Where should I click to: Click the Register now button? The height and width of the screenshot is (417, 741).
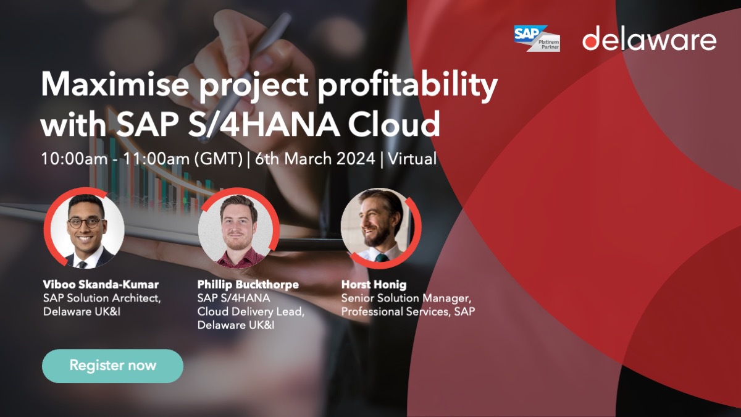[112, 366]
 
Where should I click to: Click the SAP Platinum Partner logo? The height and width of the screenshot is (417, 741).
[537, 38]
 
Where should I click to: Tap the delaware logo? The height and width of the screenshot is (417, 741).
[649, 40]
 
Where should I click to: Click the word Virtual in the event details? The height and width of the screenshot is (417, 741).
[412, 159]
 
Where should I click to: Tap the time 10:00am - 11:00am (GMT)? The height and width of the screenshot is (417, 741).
[141, 159]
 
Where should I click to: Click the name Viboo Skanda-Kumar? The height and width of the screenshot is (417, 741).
[101, 285]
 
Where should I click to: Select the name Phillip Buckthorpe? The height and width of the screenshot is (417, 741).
[248, 285]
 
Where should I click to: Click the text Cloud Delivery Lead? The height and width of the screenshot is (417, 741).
[251, 312]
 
